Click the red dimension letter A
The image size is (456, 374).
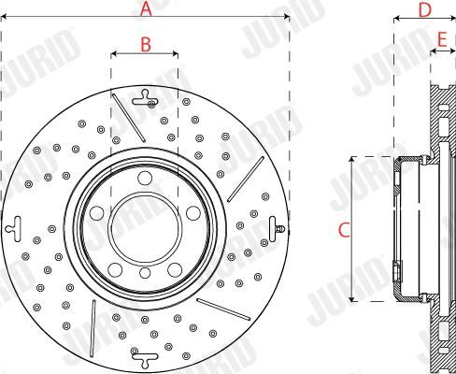point(146,8)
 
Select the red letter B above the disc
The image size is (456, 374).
point(146,44)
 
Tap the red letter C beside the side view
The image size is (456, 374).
point(345,230)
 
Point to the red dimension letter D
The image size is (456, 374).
point(425,10)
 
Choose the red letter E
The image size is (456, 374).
point(442,39)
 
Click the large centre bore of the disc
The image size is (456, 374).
point(145,227)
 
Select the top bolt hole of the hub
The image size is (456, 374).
point(145,178)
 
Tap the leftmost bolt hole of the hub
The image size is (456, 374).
point(96,213)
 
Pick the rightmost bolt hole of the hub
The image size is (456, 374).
point(193,213)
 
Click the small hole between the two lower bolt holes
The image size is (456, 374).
point(145,273)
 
